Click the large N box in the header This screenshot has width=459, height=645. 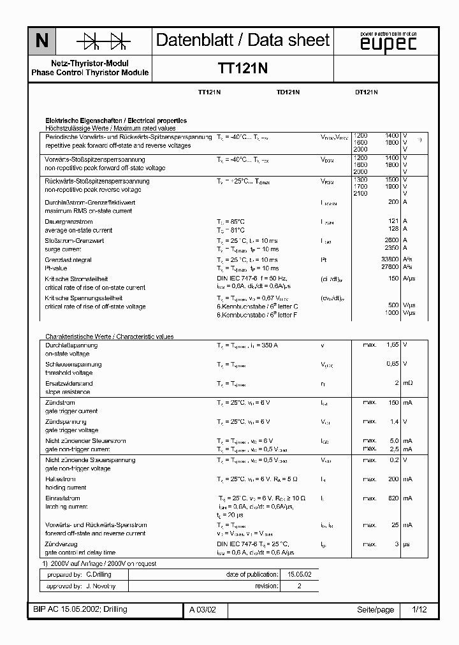click(x=41, y=41)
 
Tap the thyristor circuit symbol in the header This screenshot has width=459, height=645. click(x=103, y=41)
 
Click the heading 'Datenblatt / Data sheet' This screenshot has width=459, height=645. click(x=243, y=41)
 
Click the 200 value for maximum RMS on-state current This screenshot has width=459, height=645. click(x=393, y=202)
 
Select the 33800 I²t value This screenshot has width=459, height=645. click(x=389, y=259)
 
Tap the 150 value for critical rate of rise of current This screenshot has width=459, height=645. click(x=393, y=279)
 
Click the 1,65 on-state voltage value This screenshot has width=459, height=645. click(x=391, y=345)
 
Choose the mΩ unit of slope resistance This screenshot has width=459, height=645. click(x=407, y=383)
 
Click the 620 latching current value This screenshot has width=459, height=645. click(x=393, y=498)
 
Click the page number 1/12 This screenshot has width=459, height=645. click(x=419, y=609)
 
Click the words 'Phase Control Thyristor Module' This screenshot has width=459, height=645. click(x=90, y=73)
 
